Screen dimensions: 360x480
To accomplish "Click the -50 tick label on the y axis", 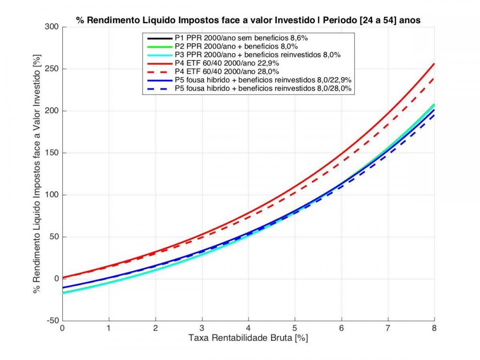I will tap(54, 321).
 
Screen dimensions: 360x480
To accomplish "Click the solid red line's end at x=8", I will tap(434, 64).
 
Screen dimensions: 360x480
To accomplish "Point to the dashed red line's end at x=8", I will tap(434, 78).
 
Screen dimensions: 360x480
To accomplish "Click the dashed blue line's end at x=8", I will tap(434, 114).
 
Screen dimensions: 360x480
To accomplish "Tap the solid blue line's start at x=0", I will tap(63, 288).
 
